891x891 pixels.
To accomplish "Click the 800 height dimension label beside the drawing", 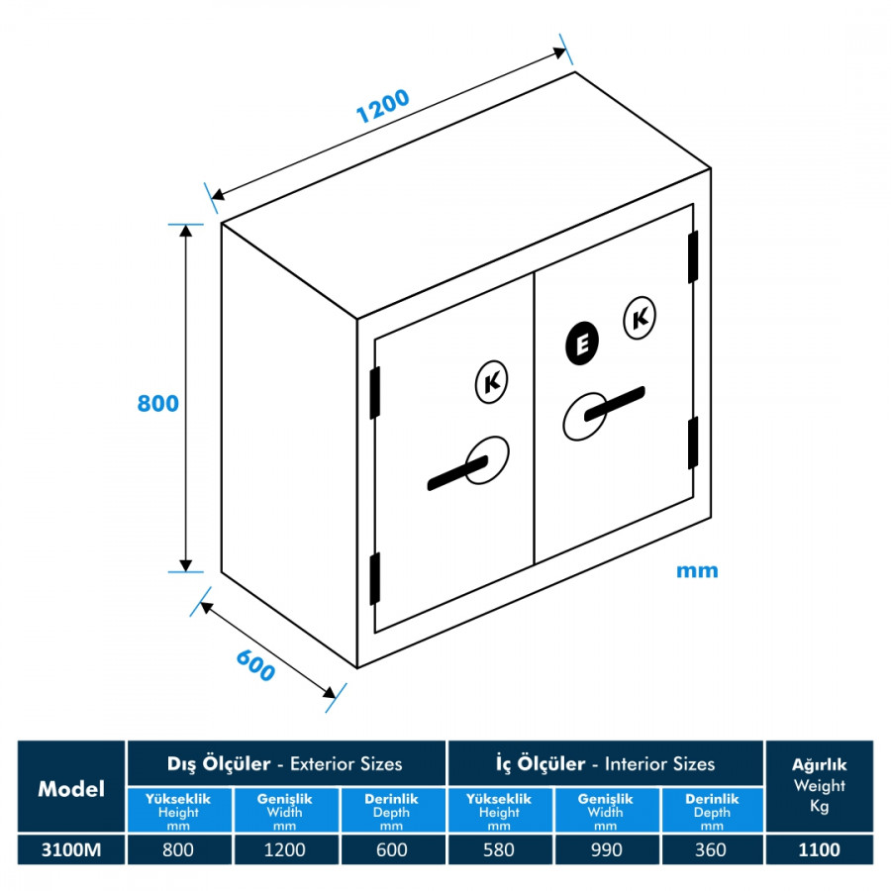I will point(158,404).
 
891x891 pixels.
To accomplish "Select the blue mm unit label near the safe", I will point(697,570).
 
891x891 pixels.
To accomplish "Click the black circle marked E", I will point(583,343).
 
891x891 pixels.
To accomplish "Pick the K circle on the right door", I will point(640,318).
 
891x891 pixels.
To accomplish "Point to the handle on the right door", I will point(605,407).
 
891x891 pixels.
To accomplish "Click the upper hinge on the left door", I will point(375,392).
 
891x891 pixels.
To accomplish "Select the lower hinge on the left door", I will point(375,579).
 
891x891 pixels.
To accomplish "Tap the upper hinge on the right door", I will point(693,256).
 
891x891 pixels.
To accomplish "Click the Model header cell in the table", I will point(71,789).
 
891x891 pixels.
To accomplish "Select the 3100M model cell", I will point(71,849).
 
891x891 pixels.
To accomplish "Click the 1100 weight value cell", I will point(819,849).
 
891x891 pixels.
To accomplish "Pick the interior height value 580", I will point(499,849).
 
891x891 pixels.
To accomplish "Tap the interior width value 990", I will point(605,849).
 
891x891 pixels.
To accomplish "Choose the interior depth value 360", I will point(711,849).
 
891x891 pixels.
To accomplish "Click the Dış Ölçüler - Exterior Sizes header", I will point(285,763).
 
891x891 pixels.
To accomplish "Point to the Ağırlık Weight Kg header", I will point(819,785).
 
